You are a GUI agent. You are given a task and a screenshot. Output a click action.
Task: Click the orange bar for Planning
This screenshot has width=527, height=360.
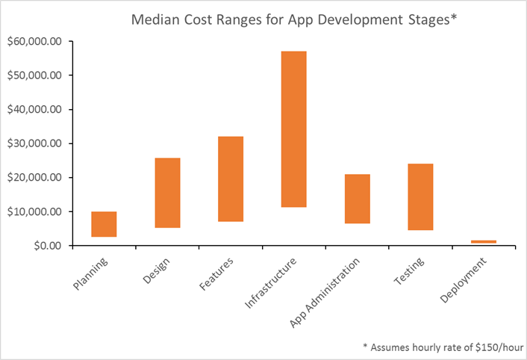pos(104,224)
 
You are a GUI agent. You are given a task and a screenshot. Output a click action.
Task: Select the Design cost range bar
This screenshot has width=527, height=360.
pos(167,193)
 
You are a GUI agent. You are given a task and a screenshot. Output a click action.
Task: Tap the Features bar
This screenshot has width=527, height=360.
pos(231,179)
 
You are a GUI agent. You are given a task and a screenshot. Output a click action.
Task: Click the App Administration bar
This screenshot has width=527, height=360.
pos(358,199)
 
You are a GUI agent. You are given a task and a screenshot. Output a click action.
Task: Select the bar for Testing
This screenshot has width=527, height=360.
pos(421,196)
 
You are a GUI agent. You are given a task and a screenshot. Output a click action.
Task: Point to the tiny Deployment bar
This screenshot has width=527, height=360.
pos(484,241)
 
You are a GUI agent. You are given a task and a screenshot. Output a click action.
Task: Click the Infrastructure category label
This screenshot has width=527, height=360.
pos(273,283)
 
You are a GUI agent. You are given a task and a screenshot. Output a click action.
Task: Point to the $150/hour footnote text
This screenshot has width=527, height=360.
pos(443,347)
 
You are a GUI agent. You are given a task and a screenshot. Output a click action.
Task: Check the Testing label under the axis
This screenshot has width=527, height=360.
pos(410,272)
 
